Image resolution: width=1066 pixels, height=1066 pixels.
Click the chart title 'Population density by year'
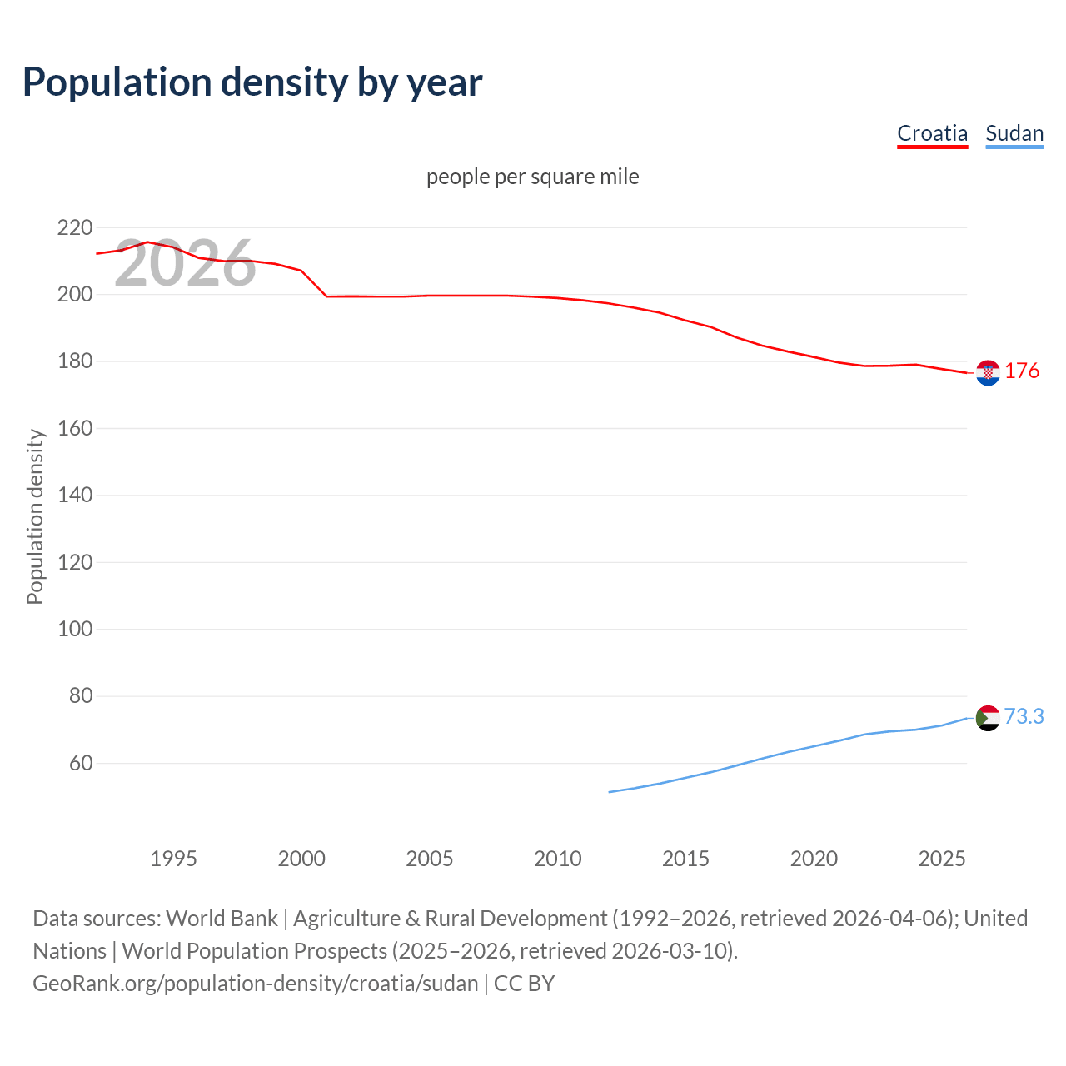252,82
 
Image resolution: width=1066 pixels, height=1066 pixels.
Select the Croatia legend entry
932,133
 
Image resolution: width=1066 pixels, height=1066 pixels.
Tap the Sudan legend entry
1014,133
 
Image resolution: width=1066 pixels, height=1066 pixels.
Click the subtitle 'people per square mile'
532,177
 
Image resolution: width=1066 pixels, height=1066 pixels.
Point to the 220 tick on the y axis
75,227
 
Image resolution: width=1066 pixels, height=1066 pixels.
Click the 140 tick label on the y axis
75,495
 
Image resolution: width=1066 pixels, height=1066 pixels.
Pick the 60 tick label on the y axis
81,763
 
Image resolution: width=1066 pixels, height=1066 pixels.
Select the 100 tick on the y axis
75,629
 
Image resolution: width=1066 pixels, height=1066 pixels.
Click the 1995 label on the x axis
173,859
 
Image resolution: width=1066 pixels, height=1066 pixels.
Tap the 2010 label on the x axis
557,859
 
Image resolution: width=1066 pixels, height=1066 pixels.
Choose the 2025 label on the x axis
941,859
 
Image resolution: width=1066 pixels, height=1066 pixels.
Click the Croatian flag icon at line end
988,373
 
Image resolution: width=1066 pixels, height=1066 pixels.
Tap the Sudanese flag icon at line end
988,717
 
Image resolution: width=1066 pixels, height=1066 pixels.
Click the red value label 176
1022,371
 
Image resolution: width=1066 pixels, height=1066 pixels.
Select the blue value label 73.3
1024,716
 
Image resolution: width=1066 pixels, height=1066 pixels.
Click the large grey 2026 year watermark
185,263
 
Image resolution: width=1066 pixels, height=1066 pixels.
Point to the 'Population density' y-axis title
35,516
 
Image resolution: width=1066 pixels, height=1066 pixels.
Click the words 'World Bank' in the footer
222,918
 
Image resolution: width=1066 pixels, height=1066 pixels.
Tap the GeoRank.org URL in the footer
256,983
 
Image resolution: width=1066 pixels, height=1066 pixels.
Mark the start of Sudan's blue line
610,792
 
